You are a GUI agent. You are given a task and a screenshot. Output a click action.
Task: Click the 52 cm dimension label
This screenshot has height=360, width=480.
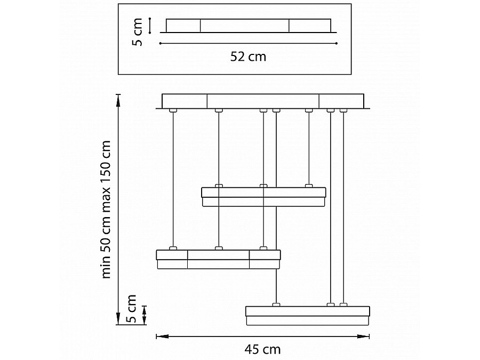pyautogui.click(x=248, y=57)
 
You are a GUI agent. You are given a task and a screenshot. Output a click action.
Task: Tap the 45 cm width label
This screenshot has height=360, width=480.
pyautogui.click(x=262, y=349)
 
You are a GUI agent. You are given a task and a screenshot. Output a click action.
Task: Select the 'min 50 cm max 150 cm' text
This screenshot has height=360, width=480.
pyautogui.click(x=106, y=210)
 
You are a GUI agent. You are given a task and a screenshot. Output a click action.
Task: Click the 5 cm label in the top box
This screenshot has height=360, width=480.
pyautogui.click(x=138, y=32)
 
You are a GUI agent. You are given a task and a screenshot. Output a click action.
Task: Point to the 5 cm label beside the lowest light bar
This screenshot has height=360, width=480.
pyautogui.click(x=131, y=309)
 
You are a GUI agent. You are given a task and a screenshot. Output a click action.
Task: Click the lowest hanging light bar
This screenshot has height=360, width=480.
pyautogui.click(x=308, y=316)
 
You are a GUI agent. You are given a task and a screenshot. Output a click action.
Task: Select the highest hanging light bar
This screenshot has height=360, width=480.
pyautogui.click(x=263, y=197)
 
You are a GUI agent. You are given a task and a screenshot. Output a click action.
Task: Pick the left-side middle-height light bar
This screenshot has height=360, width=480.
pyautogui.click(x=218, y=259)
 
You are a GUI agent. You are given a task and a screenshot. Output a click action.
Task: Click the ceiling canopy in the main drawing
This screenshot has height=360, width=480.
pyautogui.click(x=263, y=101)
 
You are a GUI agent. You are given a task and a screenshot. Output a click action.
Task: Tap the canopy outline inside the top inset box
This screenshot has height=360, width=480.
pyautogui.click(x=248, y=26)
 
